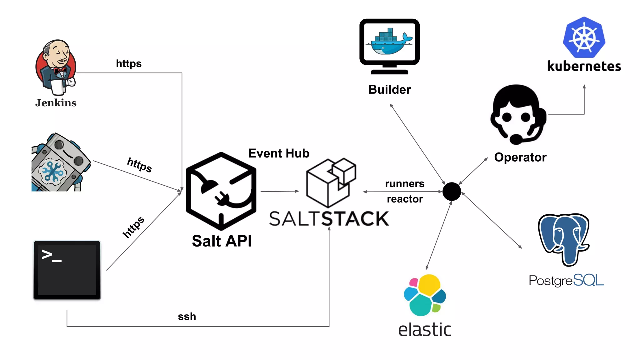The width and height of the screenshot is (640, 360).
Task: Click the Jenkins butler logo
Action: (56, 67)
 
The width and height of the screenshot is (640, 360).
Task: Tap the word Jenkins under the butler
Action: (56, 103)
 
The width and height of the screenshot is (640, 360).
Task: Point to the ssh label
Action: (187, 317)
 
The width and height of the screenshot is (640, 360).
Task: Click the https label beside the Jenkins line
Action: (129, 63)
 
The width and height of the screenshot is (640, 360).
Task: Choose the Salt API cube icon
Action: (221, 191)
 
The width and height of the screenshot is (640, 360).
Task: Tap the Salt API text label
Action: (222, 241)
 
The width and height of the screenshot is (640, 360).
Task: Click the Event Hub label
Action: (279, 153)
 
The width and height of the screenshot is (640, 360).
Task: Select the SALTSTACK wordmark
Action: (329, 218)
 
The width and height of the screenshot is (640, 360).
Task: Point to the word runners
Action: (405, 184)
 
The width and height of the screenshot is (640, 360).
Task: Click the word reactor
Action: (405, 199)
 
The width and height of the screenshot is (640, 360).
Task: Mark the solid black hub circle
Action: (452, 192)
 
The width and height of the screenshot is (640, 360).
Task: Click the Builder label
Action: (389, 90)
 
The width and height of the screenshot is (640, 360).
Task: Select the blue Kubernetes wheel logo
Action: (584, 37)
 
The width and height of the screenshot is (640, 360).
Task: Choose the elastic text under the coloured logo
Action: (425, 330)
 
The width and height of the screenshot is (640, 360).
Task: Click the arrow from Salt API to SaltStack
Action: (280, 191)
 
